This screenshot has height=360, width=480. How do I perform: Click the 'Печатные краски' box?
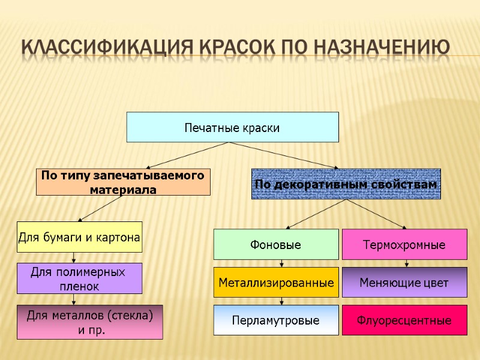click(x=232, y=127)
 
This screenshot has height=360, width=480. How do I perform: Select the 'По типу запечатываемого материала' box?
click(x=123, y=182)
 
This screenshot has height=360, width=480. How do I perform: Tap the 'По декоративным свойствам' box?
click(x=346, y=184)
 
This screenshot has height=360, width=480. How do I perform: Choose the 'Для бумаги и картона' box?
click(x=79, y=237)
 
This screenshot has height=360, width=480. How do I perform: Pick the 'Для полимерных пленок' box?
click(x=79, y=278)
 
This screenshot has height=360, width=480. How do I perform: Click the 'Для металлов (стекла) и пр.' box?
click(x=89, y=322)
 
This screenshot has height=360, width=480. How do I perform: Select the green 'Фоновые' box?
click(x=276, y=245)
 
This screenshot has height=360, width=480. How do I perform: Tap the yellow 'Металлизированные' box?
click(x=276, y=282)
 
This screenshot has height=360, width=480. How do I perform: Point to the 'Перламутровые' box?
click(x=276, y=320)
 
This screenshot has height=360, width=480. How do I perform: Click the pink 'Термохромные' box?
click(x=404, y=245)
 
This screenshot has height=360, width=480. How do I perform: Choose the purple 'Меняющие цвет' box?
click(x=404, y=283)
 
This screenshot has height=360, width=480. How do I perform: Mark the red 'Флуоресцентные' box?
click(x=404, y=320)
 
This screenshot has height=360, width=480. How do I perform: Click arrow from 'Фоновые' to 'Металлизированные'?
click(x=281, y=263)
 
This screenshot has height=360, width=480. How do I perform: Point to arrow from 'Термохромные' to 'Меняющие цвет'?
click(x=407, y=263)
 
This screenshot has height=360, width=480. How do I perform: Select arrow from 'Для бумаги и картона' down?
click(x=74, y=257)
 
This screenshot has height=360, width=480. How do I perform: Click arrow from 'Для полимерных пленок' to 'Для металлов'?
click(x=74, y=299)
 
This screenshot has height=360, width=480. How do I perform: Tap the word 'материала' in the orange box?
click(x=123, y=190)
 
